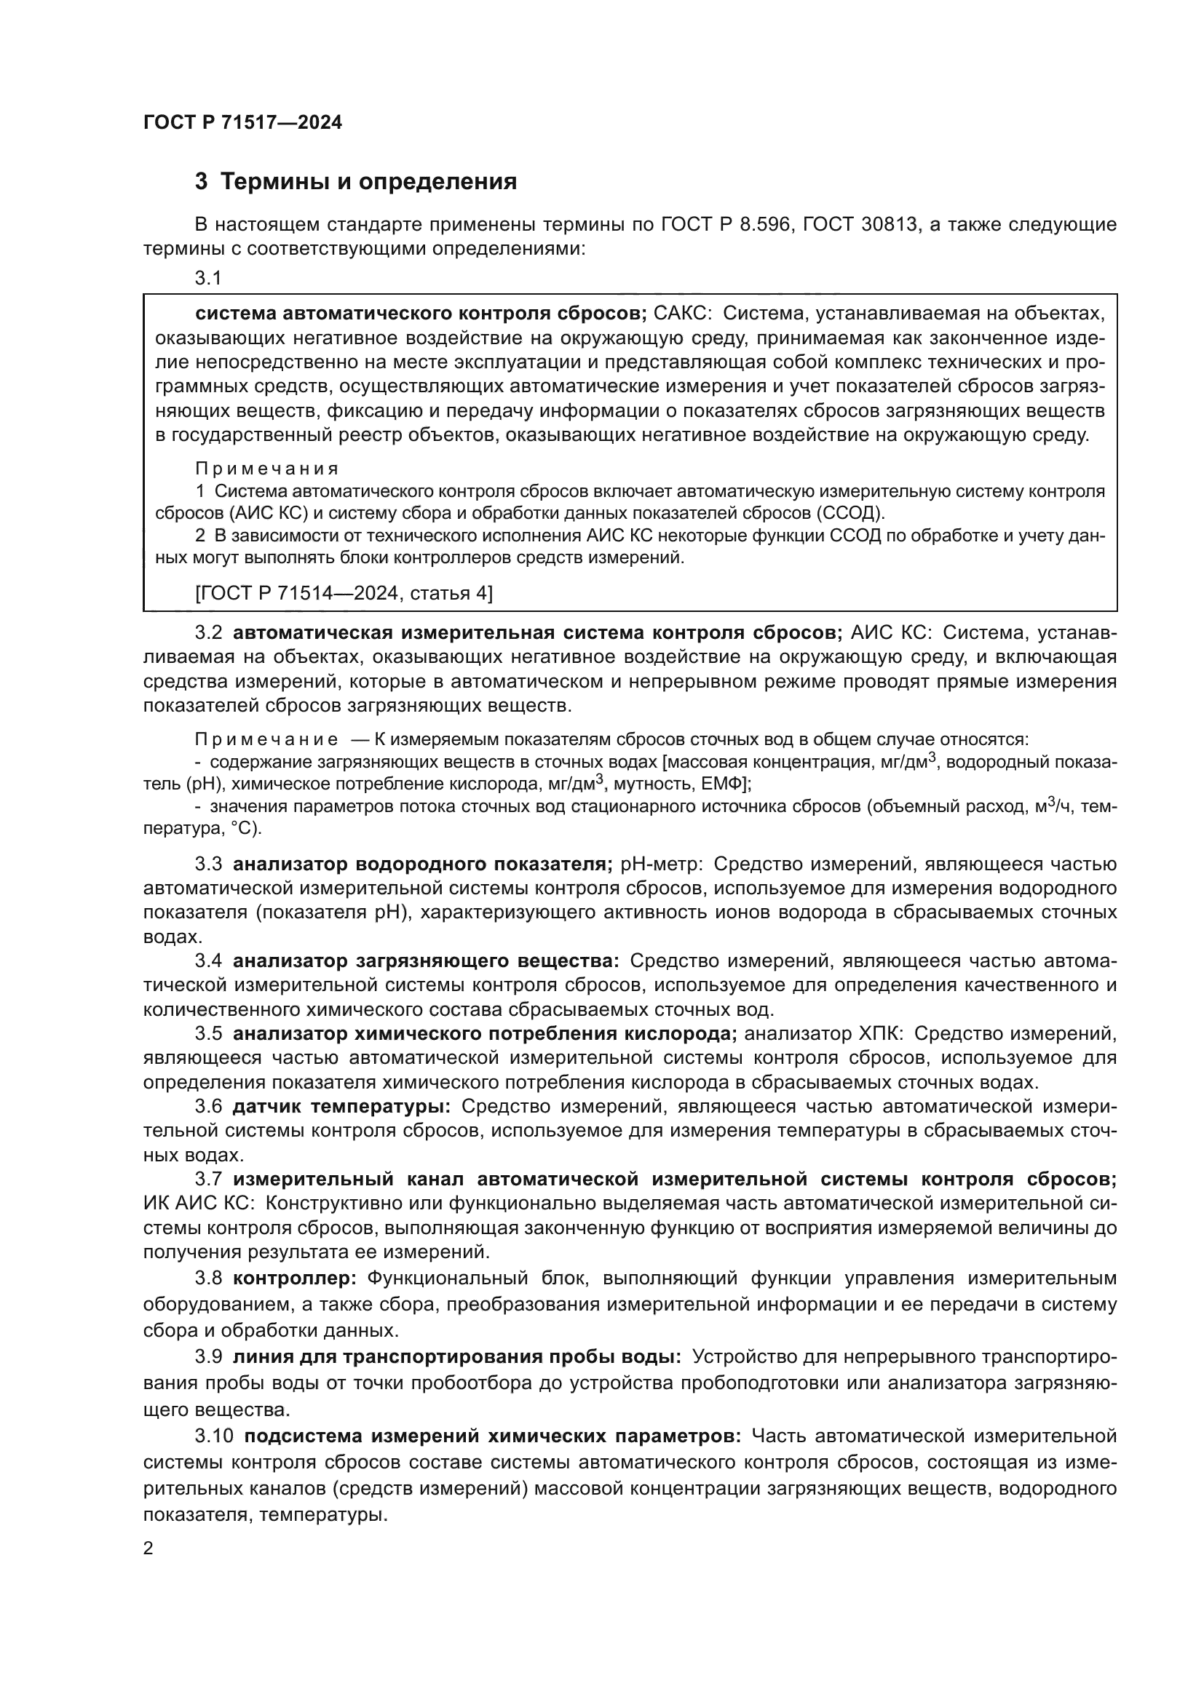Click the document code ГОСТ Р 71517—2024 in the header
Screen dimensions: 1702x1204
pyautogui.click(x=242, y=123)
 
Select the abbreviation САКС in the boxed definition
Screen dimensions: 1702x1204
pyautogui.click(x=682, y=314)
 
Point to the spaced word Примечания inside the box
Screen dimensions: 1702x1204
pyautogui.click(x=267, y=469)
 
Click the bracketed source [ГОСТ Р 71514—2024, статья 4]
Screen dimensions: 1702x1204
pyautogui.click(x=344, y=592)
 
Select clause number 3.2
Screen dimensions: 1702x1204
pyautogui.click(x=208, y=633)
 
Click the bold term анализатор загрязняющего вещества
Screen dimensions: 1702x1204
pyautogui.click(x=426, y=961)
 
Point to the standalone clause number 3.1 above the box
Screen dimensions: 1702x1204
pyautogui.click(x=208, y=279)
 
